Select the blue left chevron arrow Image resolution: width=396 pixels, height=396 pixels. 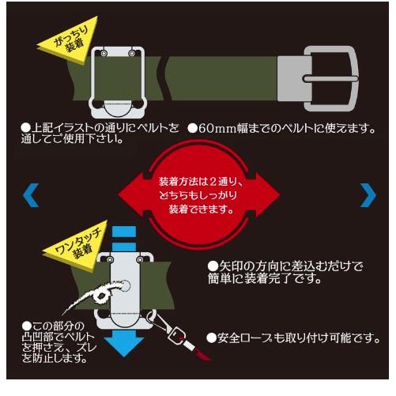point(31,194)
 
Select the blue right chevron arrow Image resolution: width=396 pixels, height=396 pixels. point(368,194)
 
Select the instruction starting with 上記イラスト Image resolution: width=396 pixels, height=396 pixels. point(95,134)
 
